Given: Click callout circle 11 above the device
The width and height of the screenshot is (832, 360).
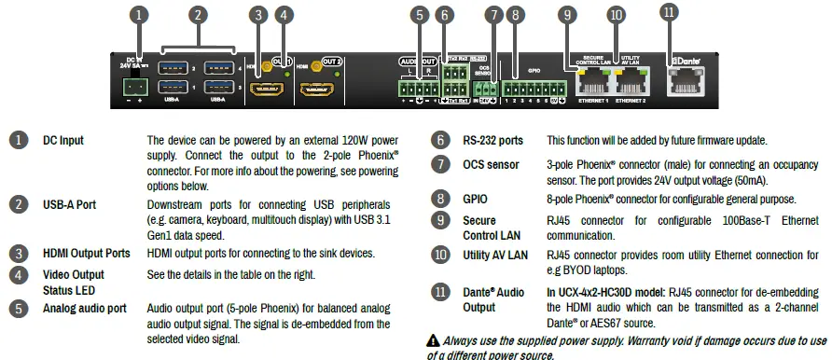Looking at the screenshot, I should click(x=669, y=13).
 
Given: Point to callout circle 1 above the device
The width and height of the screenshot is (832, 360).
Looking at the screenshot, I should click(x=139, y=14).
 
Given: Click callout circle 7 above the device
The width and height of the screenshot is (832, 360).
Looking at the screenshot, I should click(x=492, y=15).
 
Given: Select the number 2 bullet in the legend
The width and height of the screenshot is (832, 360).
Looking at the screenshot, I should click(x=18, y=204).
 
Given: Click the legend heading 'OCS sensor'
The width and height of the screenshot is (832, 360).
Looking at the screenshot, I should click(x=491, y=165).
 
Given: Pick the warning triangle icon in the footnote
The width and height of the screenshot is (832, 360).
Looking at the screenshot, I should click(x=433, y=341).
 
